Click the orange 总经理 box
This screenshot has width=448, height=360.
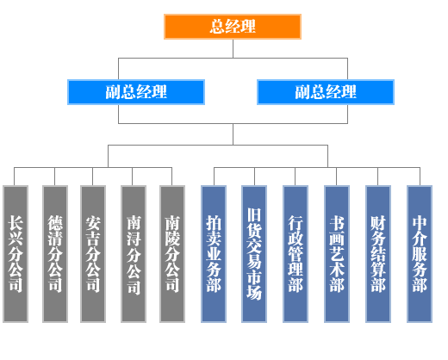coord(233,27)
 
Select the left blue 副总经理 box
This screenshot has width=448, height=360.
coord(136,92)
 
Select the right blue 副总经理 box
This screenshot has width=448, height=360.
coord(326,92)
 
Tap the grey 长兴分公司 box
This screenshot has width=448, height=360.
coord(16,254)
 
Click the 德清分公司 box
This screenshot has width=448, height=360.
coord(55,254)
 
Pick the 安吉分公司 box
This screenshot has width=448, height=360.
coord(93,254)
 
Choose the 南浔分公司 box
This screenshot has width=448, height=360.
coord(134,254)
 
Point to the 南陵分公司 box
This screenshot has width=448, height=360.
coord(172,254)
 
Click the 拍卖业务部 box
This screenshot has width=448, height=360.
coord(214,254)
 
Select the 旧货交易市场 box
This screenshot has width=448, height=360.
coord(254,254)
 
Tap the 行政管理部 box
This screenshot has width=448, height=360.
coord(296,254)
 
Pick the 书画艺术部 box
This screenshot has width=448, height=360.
coord(337,254)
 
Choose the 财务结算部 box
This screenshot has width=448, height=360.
coord(378,254)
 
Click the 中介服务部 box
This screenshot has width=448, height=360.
coord(420,254)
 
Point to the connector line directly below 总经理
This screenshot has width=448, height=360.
coord(233,48)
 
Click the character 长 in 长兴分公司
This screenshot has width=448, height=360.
coord(16,223)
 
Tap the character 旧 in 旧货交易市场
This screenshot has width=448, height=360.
coord(254,215)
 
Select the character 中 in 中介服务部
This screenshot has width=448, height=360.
coord(420,223)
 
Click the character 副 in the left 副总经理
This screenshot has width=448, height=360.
coord(113,92)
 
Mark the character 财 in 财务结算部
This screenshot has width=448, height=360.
coord(378,223)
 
